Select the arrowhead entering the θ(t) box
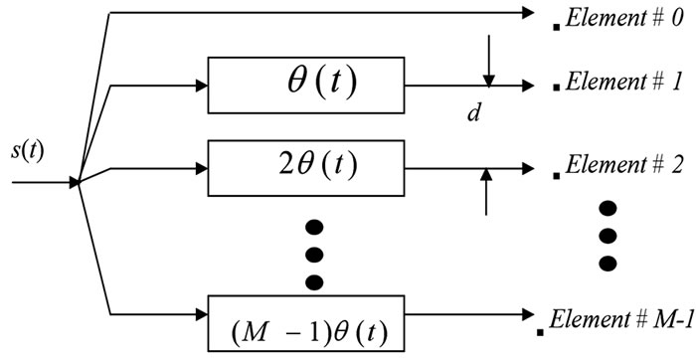coord(202,87)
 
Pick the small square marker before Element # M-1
coord(538,329)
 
